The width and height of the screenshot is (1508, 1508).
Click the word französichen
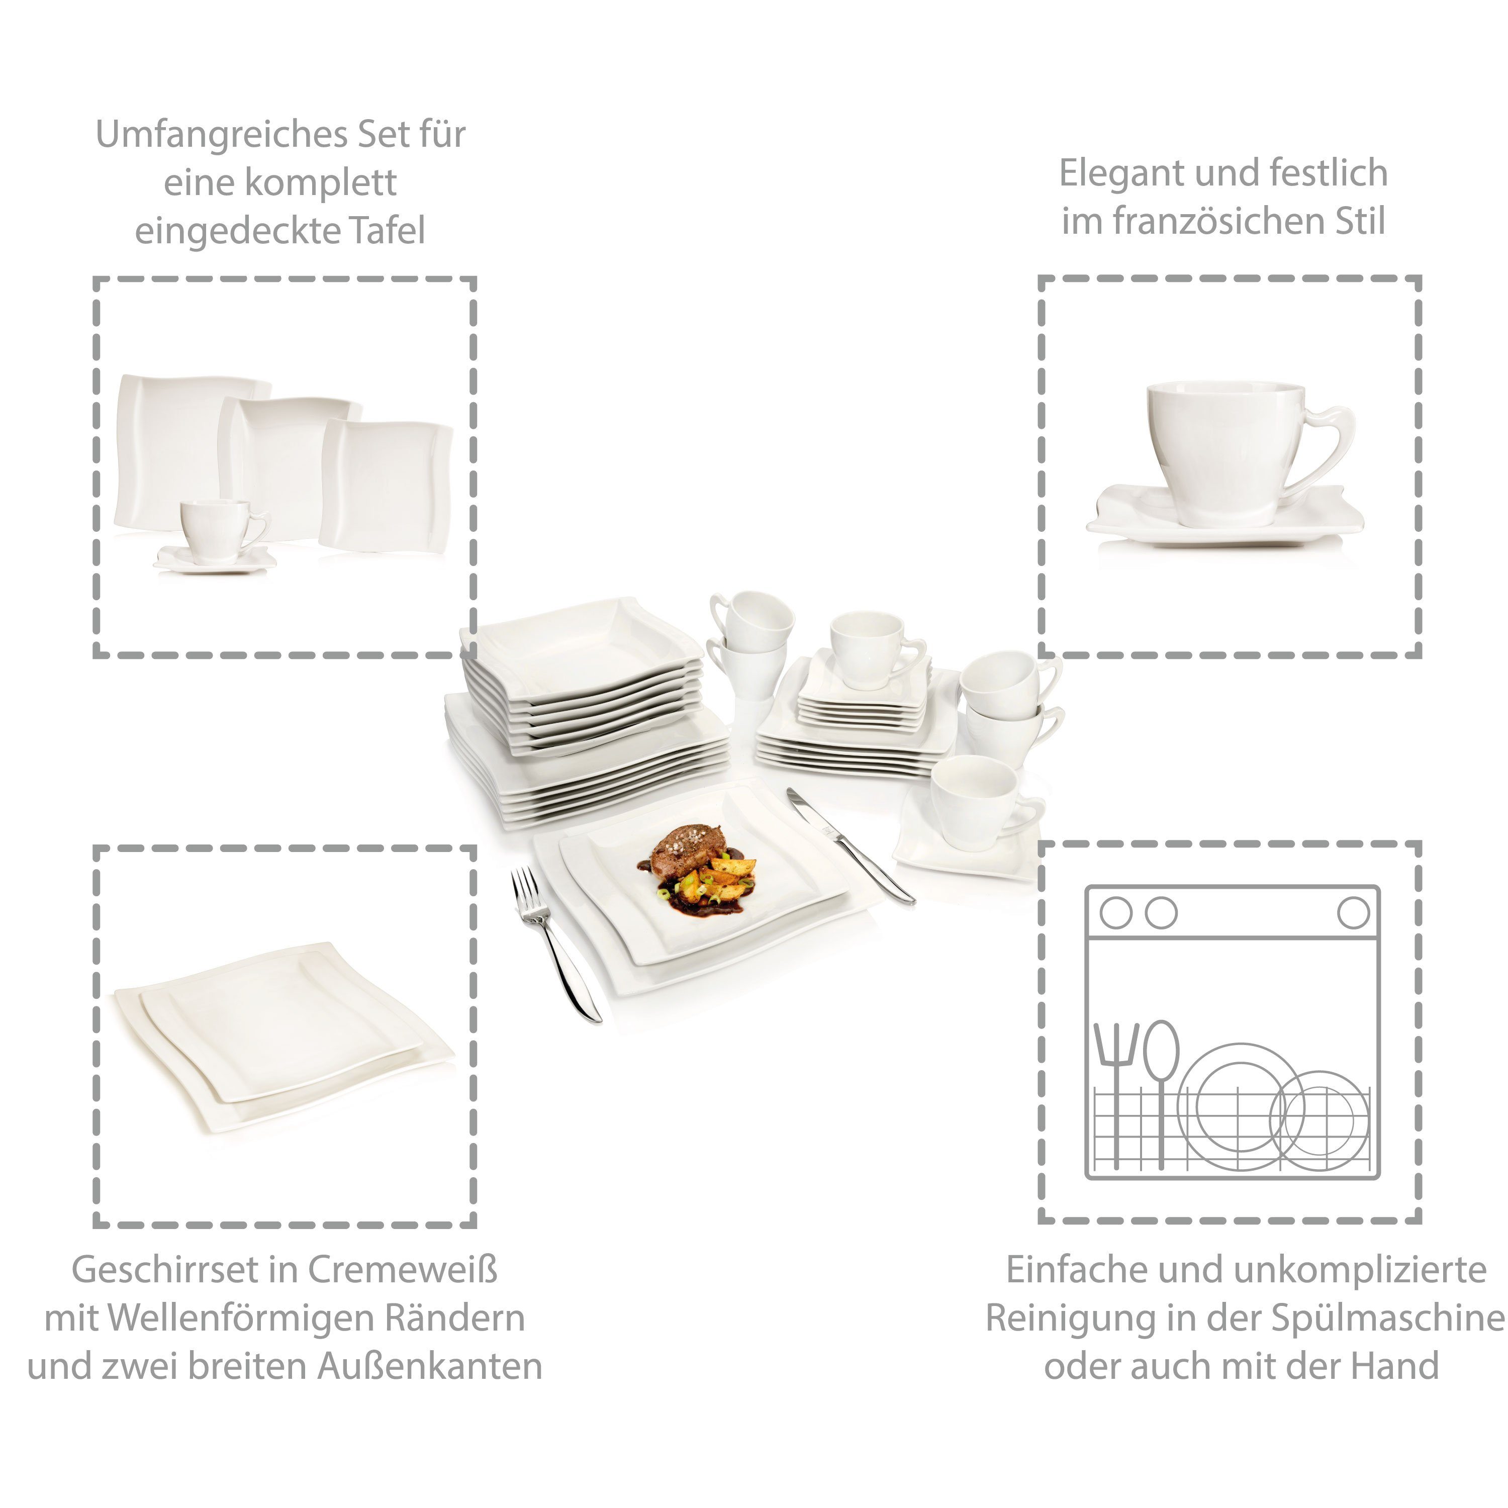click(1202, 222)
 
